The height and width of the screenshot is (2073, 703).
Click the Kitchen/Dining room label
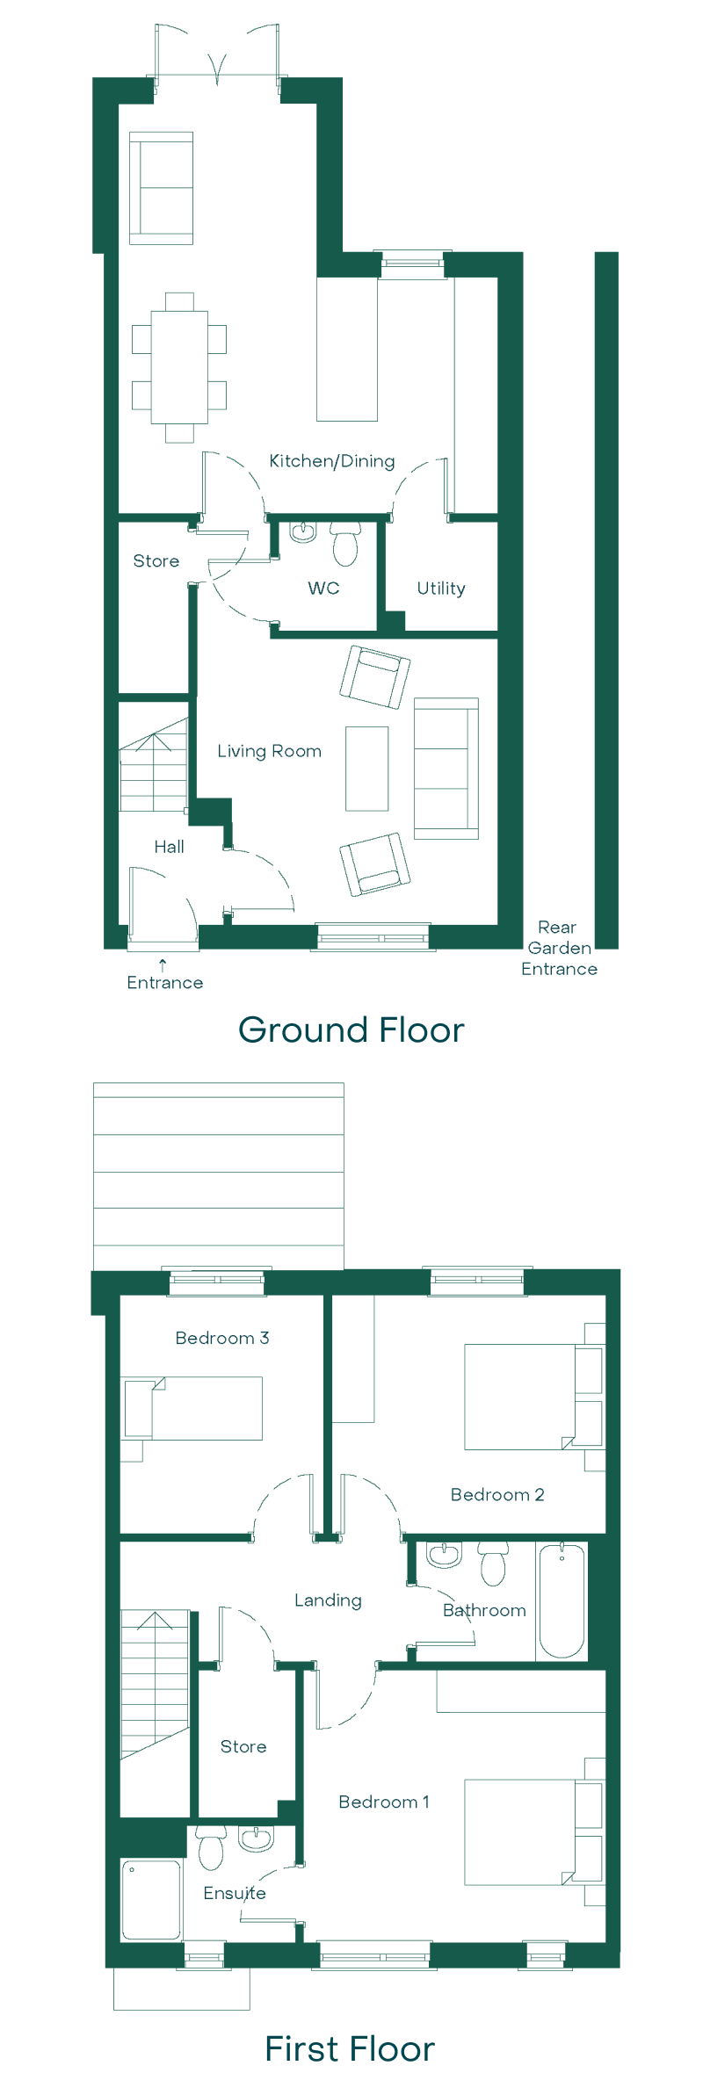pos(331,461)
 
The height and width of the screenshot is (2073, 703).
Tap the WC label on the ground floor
pos(323,589)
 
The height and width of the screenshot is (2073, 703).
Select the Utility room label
pos(441,589)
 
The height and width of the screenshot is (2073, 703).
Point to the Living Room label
pos(269,751)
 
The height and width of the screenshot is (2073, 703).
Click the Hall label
pos(169,847)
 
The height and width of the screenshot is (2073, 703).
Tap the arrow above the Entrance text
pos(163,964)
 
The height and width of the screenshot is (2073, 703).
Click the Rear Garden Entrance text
pos(559,949)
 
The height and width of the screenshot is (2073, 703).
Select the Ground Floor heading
pos(351,1030)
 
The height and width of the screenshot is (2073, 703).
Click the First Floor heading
pos(350,2049)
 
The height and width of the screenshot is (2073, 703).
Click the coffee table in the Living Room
pos(366,769)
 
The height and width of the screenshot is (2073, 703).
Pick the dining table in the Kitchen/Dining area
pos(179,367)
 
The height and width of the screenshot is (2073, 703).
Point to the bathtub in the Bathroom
pos(562,1600)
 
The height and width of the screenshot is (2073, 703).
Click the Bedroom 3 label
pos(222,1338)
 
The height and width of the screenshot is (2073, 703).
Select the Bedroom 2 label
pos(497,1494)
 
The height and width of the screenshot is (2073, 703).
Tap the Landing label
pos(328,1600)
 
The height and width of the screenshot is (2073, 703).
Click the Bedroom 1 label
pos(384,1802)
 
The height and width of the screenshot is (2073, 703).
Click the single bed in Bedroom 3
pos(193,1408)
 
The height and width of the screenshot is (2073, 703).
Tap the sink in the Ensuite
pos(257,1838)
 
